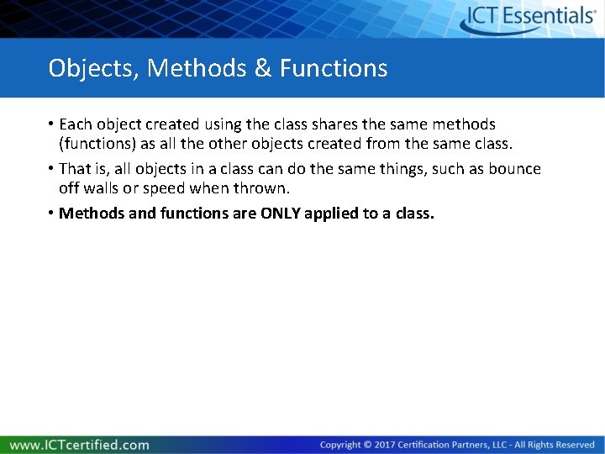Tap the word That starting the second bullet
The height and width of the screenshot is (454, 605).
coord(76,169)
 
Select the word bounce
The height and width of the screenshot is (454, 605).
coord(513,169)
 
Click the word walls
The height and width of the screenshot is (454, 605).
coord(104,187)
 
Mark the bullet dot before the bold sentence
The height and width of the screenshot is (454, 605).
coord(51,213)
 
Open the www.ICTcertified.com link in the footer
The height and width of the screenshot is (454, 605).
coord(79,445)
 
